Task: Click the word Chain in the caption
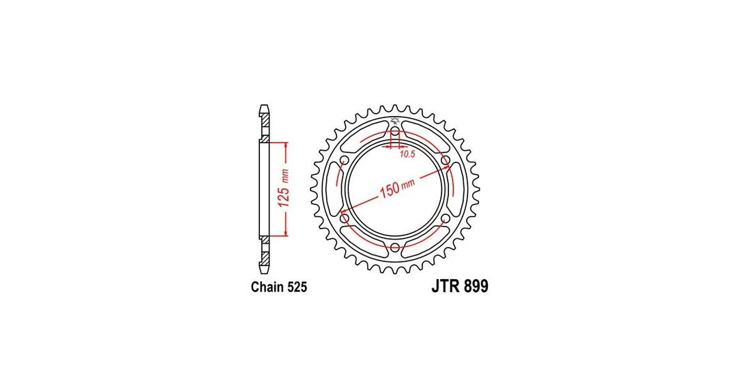(x=267, y=287)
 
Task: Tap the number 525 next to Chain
(x=297, y=287)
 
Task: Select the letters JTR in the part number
(x=444, y=286)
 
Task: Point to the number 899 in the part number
(x=474, y=286)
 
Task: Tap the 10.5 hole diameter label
(x=407, y=154)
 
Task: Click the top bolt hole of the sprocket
(x=395, y=131)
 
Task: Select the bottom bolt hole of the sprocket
(x=395, y=246)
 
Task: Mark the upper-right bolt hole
(x=445, y=160)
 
